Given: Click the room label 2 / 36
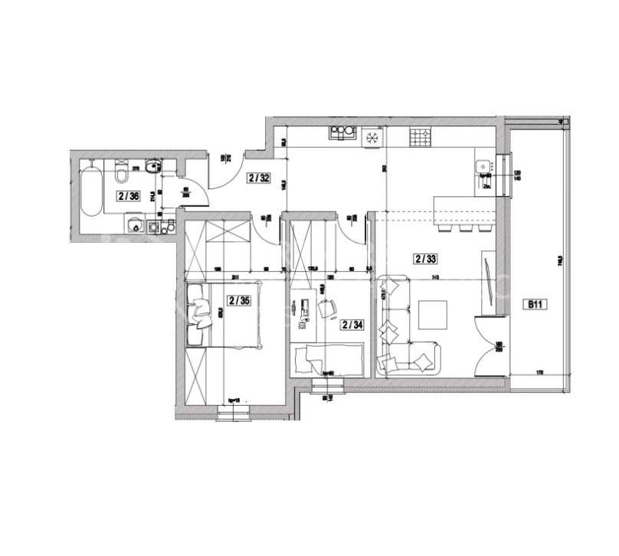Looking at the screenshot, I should pyautogui.click(x=127, y=196).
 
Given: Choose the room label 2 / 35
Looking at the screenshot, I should pyautogui.click(x=238, y=300).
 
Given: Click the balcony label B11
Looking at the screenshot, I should pyautogui.click(x=533, y=304).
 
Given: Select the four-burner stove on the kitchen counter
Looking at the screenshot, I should pyautogui.click(x=419, y=138).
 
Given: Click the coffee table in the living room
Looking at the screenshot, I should pyautogui.click(x=433, y=314).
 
